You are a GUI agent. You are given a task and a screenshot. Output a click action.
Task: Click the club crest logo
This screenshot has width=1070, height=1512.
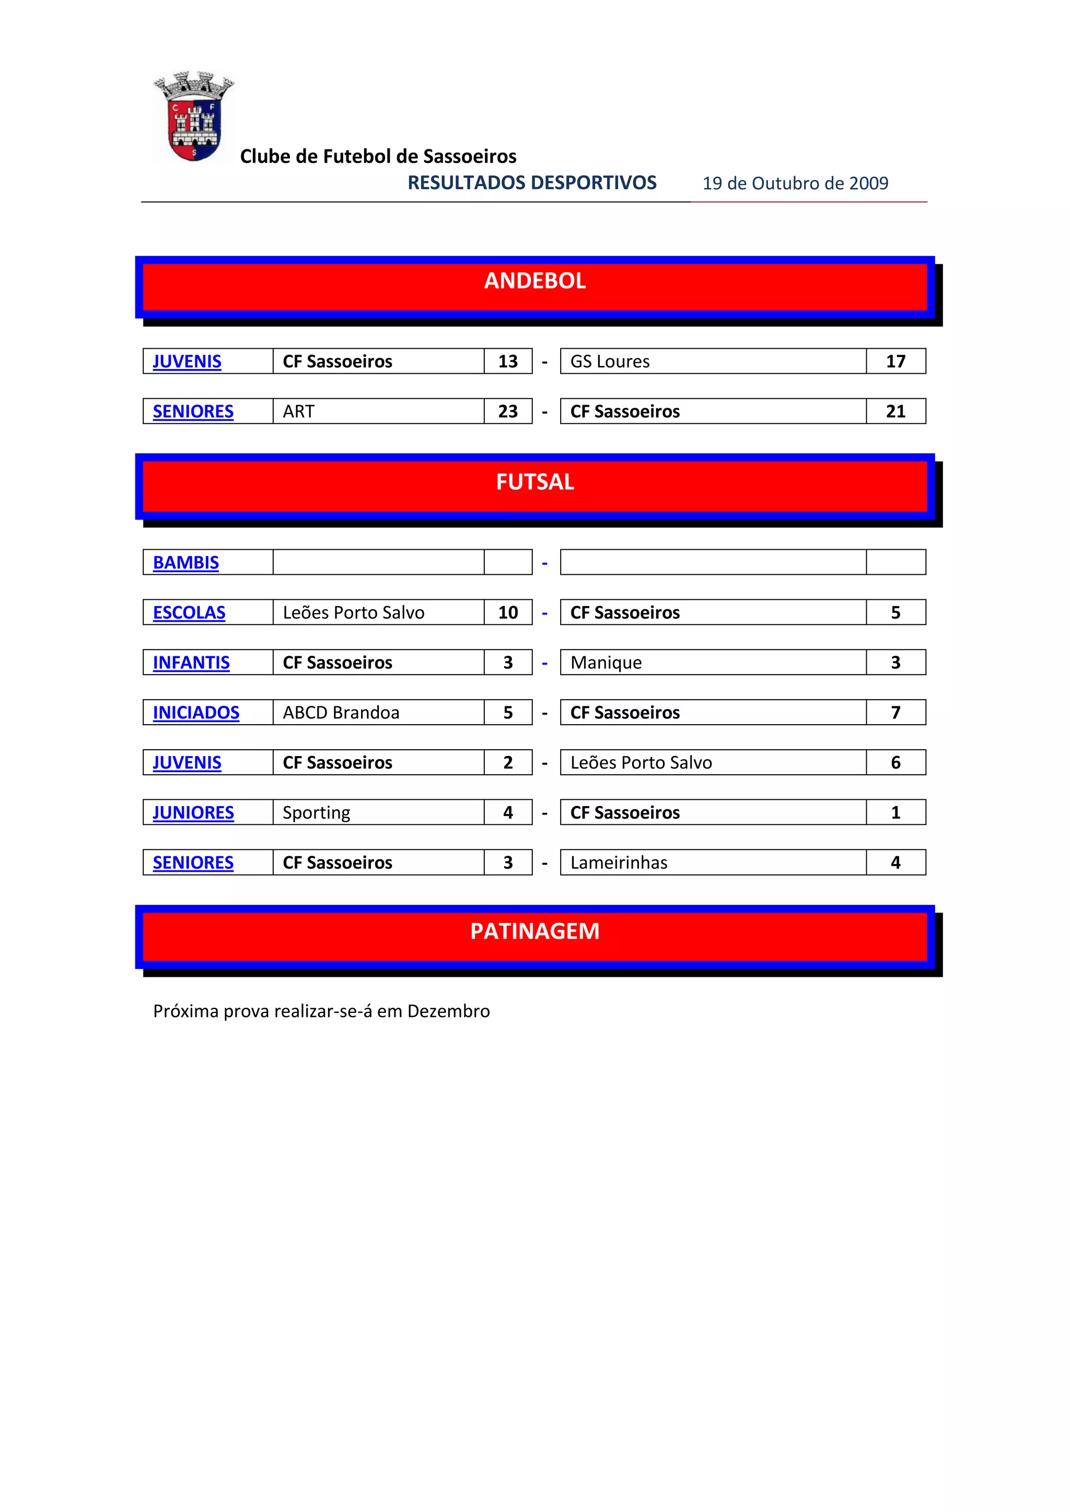194,116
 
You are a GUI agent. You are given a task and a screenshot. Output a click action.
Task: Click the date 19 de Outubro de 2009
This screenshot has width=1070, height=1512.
795,183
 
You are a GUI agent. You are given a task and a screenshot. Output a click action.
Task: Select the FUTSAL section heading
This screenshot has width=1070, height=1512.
534,482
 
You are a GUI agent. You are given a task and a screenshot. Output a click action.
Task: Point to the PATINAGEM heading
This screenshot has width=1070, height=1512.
534,931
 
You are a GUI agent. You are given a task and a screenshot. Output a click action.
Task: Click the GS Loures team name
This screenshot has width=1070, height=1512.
610,361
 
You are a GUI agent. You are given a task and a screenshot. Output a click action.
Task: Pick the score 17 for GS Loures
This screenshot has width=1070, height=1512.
895,361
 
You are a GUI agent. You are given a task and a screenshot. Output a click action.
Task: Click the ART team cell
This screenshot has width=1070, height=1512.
298,411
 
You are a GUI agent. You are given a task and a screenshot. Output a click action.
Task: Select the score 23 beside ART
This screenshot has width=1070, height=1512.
507,411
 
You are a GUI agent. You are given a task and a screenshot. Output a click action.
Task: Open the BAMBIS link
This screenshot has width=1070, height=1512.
186,562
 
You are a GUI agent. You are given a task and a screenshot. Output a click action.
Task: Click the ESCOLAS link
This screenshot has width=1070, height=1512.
189,612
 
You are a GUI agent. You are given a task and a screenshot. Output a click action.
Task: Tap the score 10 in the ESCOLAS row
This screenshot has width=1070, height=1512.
507,612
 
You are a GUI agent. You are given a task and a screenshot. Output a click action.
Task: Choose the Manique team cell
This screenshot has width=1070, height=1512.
606,663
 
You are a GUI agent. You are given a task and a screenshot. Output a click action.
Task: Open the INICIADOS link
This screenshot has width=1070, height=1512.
196,713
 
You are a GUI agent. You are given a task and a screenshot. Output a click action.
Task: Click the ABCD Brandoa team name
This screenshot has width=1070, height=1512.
341,713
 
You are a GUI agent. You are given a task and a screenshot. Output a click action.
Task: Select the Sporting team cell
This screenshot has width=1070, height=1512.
316,812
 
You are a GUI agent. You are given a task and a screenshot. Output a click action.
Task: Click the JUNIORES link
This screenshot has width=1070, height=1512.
193,812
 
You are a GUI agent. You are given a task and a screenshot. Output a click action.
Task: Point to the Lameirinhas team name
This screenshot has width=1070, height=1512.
619,863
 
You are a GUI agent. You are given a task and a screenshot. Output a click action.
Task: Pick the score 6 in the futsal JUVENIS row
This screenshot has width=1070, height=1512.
895,763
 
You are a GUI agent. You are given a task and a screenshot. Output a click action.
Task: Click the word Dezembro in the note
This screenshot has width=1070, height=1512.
448,1011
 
